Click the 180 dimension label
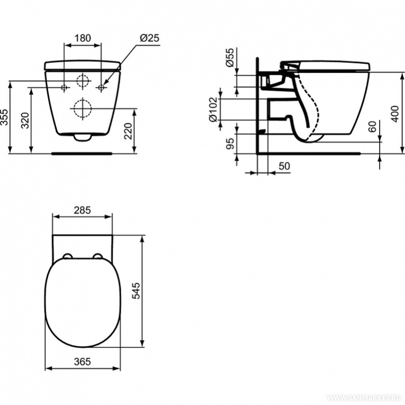pos(83,38)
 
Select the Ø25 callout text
pos(150,38)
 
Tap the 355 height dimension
pos(5,117)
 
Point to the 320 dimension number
pos(25,120)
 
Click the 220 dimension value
pos(128,131)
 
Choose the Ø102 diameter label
pos(213,109)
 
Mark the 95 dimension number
pos(230,143)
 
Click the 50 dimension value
pos(284,166)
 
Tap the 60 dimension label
pos(373,127)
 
